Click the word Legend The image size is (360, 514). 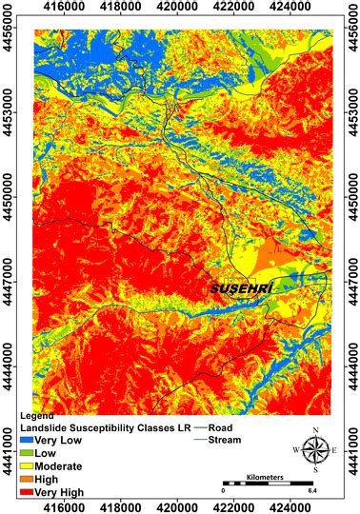tap(37, 417)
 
